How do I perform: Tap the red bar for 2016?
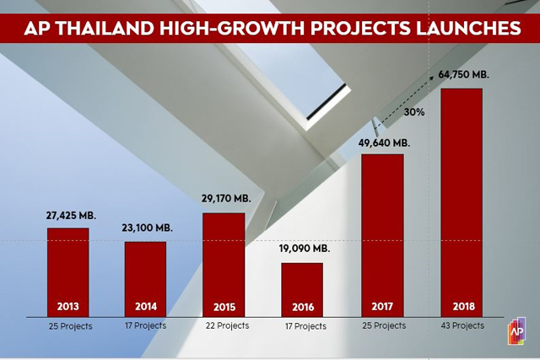301,287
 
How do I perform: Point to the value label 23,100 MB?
147,228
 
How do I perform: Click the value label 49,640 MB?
384,142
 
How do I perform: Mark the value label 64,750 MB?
463,74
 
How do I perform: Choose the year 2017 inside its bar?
382,305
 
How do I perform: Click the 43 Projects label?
462,325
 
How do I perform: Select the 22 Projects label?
226,325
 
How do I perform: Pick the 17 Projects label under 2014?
145,325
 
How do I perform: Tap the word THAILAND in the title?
106,28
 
